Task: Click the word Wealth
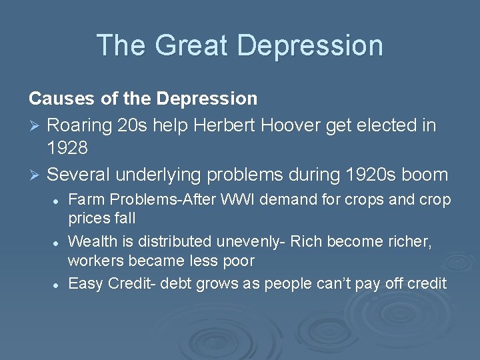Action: point(91,241)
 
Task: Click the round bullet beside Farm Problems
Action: point(58,201)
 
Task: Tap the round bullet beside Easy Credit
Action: point(58,284)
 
